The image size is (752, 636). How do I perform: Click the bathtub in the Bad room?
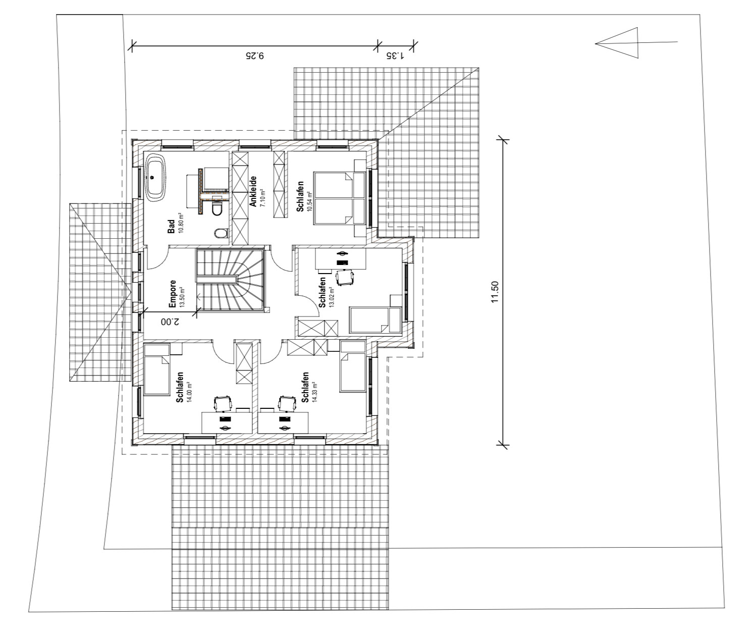[156, 177]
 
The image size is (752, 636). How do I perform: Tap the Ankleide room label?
[253, 191]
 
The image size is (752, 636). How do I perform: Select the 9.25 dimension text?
[255, 56]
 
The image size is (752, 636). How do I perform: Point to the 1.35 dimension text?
[395, 56]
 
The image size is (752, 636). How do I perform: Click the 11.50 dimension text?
[495, 292]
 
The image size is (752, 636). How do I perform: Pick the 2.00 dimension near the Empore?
[170, 322]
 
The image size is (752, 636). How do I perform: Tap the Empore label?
[173, 294]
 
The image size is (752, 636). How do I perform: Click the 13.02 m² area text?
[332, 297]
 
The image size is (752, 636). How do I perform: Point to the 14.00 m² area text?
[189, 391]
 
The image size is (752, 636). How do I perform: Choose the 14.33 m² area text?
[314, 391]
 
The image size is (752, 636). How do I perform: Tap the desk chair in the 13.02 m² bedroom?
[344, 278]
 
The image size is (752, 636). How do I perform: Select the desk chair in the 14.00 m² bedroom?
[223, 403]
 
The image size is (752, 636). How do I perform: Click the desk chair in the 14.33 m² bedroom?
[286, 403]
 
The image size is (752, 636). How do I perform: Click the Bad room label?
[171, 226]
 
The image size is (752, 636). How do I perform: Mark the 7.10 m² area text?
[262, 197]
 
